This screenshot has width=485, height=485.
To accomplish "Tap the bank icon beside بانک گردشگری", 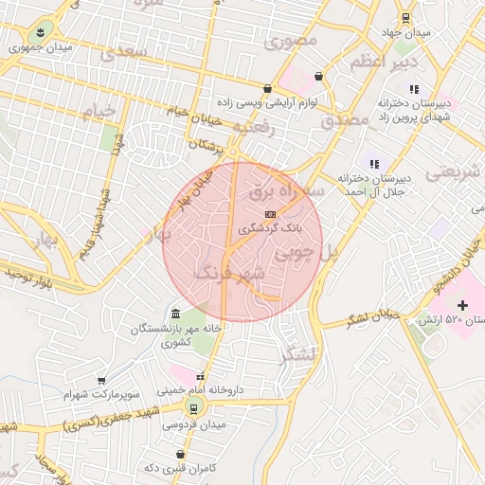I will (271, 214).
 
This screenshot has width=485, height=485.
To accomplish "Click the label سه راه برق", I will (286, 190).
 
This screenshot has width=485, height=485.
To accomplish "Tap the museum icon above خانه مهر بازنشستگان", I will (176, 314).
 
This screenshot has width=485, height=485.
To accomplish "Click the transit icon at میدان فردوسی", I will (194, 408).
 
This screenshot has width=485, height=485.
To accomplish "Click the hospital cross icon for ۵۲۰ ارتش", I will (462, 305).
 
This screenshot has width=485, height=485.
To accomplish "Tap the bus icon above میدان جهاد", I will (405, 17).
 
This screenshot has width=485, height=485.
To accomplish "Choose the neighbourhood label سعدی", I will (130, 51).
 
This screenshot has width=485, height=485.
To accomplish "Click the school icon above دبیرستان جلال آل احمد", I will (374, 162).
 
